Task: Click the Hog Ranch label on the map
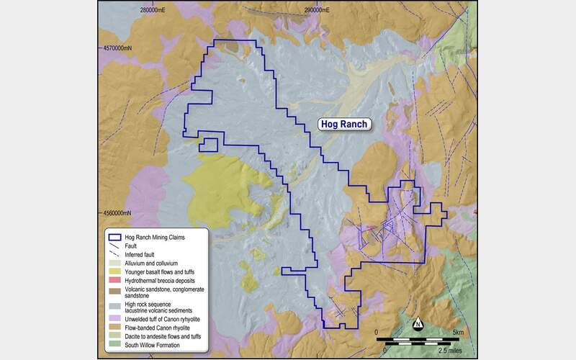pyautogui.click(x=344, y=124)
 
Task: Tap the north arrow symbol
pyautogui.click(x=417, y=323)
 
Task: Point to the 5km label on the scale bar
pyautogui.click(x=459, y=331)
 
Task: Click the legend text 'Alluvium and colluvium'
pyautogui.click(x=150, y=264)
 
